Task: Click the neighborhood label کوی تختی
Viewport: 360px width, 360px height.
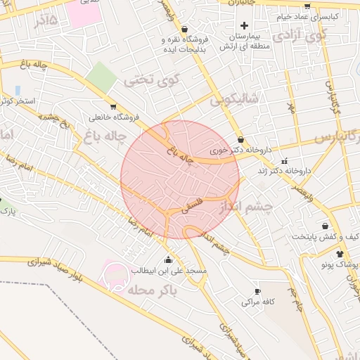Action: click(x=152, y=80)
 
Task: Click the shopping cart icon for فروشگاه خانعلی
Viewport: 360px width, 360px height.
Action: click(x=94, y=106)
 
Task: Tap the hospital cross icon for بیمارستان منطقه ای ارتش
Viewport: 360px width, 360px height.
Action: click(x=244, y=25)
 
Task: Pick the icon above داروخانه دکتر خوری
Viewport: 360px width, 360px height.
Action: click(x=241, y=139)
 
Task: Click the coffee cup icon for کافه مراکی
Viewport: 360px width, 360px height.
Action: click(x=257, y=291)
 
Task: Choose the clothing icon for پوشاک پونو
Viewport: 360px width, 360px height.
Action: click(x=340, y=254)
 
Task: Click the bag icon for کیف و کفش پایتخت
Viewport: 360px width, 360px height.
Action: click(x=325, y=226)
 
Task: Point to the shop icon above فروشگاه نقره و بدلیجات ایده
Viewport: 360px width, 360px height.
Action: click(x=184, y=30)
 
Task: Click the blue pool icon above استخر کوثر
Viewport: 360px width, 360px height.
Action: click(x=17, y=91)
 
